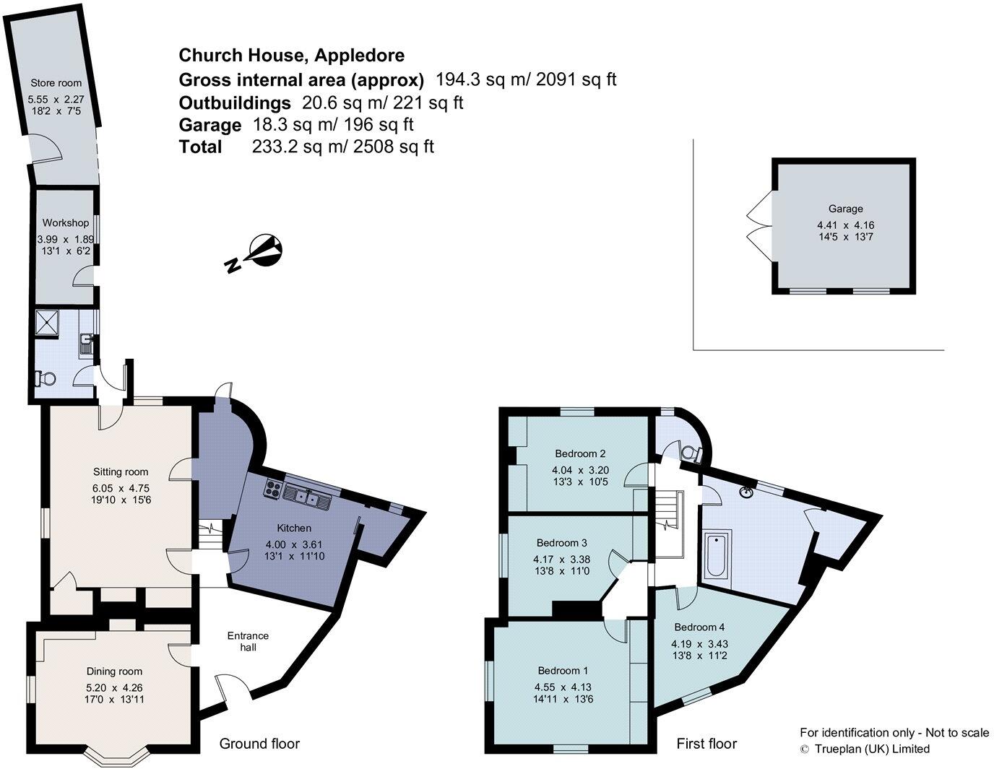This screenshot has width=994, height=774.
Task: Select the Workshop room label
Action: [65, 222]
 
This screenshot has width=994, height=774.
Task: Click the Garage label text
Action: [844, 209]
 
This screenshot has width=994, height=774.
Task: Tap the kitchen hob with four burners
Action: [274, 489]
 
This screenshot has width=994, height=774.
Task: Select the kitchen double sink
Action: [307, 495]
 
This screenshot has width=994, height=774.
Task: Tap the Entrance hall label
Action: [248, 641]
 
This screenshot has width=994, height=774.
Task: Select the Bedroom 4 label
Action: [700, 627]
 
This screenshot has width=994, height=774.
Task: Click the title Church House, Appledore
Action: [291, 55]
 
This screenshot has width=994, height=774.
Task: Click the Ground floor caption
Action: [259, 744]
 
